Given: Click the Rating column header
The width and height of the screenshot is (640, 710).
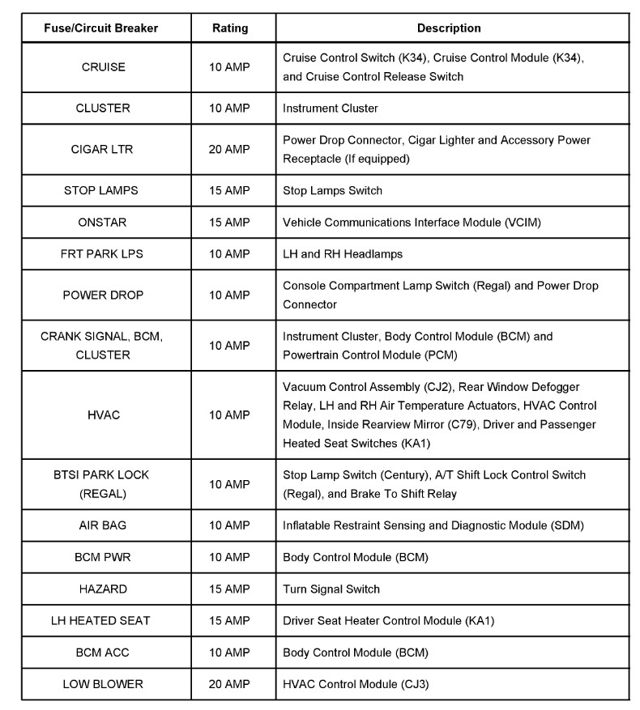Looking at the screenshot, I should coord(230,28).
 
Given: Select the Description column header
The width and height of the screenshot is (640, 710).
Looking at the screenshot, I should coord(449,28).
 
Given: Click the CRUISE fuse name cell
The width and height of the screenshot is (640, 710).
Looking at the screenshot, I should coord(104,67).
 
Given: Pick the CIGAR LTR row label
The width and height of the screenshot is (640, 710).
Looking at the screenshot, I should coord(103,149).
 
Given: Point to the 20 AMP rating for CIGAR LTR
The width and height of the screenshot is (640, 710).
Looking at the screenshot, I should coord(230,149).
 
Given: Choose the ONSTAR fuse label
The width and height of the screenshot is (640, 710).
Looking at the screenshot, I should coord(103,222).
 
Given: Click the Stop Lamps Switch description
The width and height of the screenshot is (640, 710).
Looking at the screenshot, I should coord(332,191).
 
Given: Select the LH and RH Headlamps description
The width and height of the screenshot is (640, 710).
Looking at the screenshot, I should coord(342,253).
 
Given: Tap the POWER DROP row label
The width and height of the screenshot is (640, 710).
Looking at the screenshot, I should coord(103,295).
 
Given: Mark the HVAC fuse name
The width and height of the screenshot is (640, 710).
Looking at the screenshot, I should coord(103,415).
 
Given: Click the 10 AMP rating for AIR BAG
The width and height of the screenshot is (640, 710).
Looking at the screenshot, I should coord(230,525).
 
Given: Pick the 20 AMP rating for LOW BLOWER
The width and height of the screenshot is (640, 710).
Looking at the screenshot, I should coord(230,684).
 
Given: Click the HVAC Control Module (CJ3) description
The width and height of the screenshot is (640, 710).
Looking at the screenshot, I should coord(355,684).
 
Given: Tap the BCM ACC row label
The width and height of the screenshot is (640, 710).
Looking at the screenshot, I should coord(103,653).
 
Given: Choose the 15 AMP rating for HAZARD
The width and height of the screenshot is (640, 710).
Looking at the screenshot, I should coord(230,589).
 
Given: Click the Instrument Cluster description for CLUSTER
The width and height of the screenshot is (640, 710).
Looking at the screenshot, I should coord(330,108).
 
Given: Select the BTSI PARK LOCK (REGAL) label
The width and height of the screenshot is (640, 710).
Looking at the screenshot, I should coord(103,484).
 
